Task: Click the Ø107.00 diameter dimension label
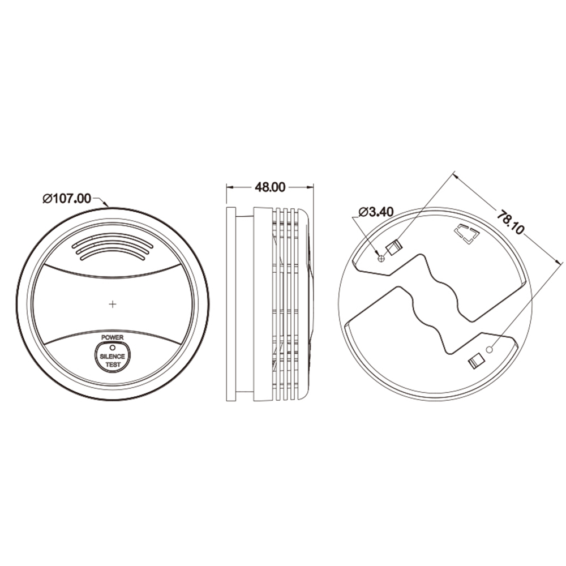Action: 67,199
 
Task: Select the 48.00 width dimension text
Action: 269,187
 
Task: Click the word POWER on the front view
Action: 112,337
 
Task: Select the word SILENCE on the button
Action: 112,356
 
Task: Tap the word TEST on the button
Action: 113,365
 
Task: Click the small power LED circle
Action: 112,348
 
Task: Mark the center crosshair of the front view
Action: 113,305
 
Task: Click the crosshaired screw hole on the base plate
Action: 381,259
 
